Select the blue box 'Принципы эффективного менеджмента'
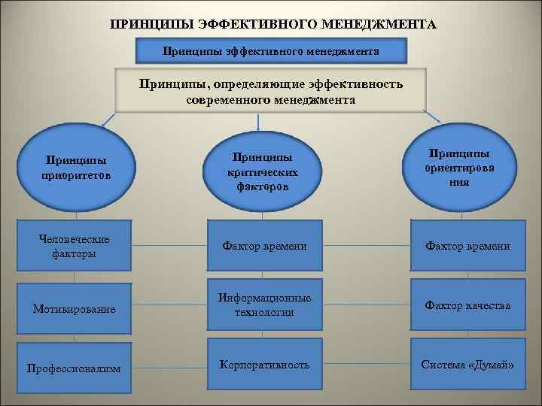[271, 51]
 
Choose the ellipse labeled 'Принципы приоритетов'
[75, 168]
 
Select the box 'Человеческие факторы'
[74, 246]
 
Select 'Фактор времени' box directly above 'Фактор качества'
[467, 246]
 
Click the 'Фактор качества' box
[467, 305]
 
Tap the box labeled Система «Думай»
[467, 365]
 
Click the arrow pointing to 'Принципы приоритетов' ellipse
[105, 121]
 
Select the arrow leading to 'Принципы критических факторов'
[258, 123]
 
